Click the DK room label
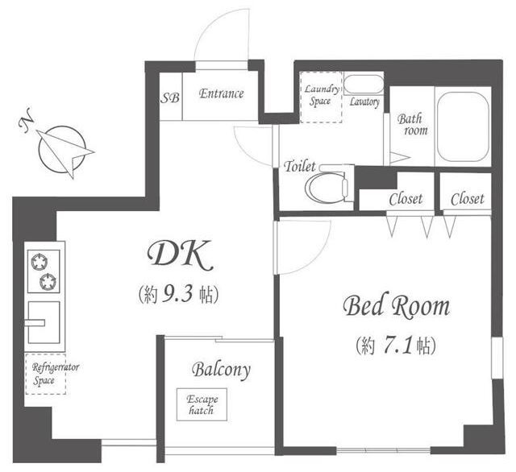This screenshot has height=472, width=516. (x=181, y=255)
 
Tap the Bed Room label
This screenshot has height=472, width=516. (x=396, y=307)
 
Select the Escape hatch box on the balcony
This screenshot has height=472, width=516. (x=202, y=404)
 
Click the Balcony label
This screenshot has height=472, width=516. (x=221, y=371)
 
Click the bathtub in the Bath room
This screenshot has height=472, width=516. (x=463, y=126)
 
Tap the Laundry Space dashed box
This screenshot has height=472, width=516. (x=321, y=97)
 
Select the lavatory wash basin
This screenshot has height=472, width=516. (x=364, y=85)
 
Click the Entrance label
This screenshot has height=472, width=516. (x=221, y=93)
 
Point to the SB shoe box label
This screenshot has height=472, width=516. (x=170, y=97)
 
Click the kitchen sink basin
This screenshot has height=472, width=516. (x=44, y=322)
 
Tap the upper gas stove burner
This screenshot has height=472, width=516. (x=40, y=262)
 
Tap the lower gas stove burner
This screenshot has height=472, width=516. (x=48, y=282)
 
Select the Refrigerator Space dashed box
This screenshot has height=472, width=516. (x=45, y=374)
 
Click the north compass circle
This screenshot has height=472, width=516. (x=62, y=150)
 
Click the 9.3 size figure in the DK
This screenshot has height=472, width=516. (x=177, y=294)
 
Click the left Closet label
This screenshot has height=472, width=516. (x=406, y=199)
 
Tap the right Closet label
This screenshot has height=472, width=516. (x=468, y=199)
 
